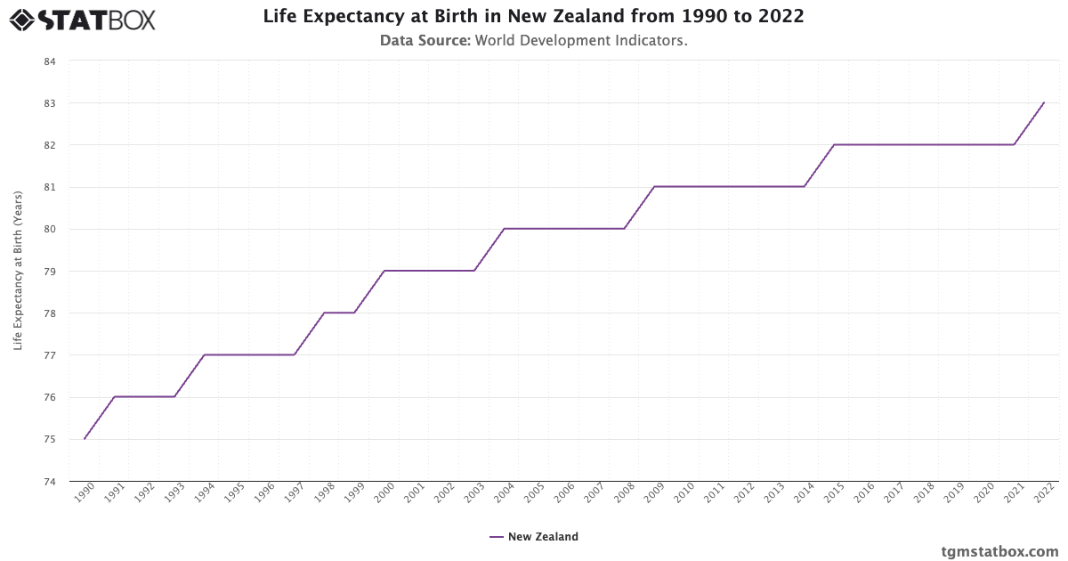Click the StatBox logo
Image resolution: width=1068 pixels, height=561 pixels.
click(82, 20)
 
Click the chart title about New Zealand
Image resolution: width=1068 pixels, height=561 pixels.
click(533, 17)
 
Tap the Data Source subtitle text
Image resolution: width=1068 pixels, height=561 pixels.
click(533, 40)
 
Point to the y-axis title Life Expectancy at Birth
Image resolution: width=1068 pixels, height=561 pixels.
click(18, 271)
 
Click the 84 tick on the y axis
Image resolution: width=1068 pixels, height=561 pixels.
click(50, 61)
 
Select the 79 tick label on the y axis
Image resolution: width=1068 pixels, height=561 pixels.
click(50, 272)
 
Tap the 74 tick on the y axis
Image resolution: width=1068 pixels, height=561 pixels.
click(50, 482)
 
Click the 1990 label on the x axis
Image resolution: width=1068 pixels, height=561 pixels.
click(85, 495)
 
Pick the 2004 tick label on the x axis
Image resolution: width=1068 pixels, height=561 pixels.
click(504, 495)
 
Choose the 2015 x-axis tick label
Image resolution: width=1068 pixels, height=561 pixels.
click(834, 495)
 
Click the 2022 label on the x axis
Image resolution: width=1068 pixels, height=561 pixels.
click(1043, 495)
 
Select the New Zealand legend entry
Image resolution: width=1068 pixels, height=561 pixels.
click(534, 537)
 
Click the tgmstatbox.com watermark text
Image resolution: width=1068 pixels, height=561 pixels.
click(999, 550)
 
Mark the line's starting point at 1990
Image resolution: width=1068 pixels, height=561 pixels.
click(85, 439)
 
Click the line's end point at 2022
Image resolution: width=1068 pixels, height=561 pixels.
click(1044, 102)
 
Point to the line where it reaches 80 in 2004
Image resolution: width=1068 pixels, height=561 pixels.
click(505, 229)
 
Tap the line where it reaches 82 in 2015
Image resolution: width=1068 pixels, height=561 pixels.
click(834, 144)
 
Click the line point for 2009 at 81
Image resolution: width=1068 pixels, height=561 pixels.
click(654, 187)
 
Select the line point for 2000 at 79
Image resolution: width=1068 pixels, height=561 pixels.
click(384, 271)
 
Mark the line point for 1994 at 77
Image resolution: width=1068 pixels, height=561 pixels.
click(205, 354)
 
